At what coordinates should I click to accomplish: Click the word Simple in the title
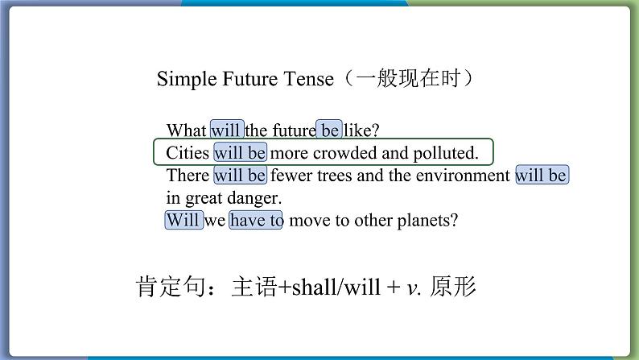187,79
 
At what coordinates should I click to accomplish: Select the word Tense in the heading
308,79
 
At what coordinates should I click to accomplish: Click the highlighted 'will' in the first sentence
227,130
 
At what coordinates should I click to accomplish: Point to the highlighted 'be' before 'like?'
329,130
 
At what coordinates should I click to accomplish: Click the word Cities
188,153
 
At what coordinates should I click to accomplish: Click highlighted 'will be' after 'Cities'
241,153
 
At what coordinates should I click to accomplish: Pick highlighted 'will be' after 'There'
241,176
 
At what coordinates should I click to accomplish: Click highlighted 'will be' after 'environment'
542,176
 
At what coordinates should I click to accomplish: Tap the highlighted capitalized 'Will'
183,220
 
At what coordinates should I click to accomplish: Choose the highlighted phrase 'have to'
255,220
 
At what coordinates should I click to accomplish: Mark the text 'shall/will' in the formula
336,287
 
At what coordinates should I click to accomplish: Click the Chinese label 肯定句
171,286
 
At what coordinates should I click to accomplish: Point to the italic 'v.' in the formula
414,288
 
